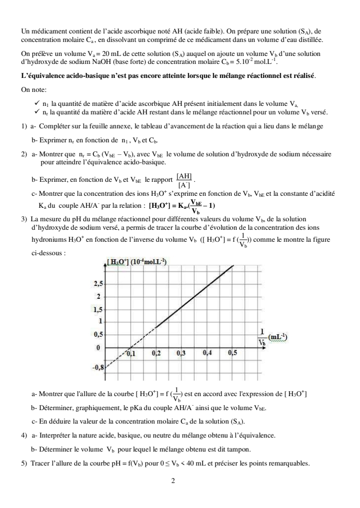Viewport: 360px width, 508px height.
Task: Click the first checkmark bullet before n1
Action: click(x=37, y=102)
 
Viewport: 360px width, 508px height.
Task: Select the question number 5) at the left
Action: click(x=24, y=462)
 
